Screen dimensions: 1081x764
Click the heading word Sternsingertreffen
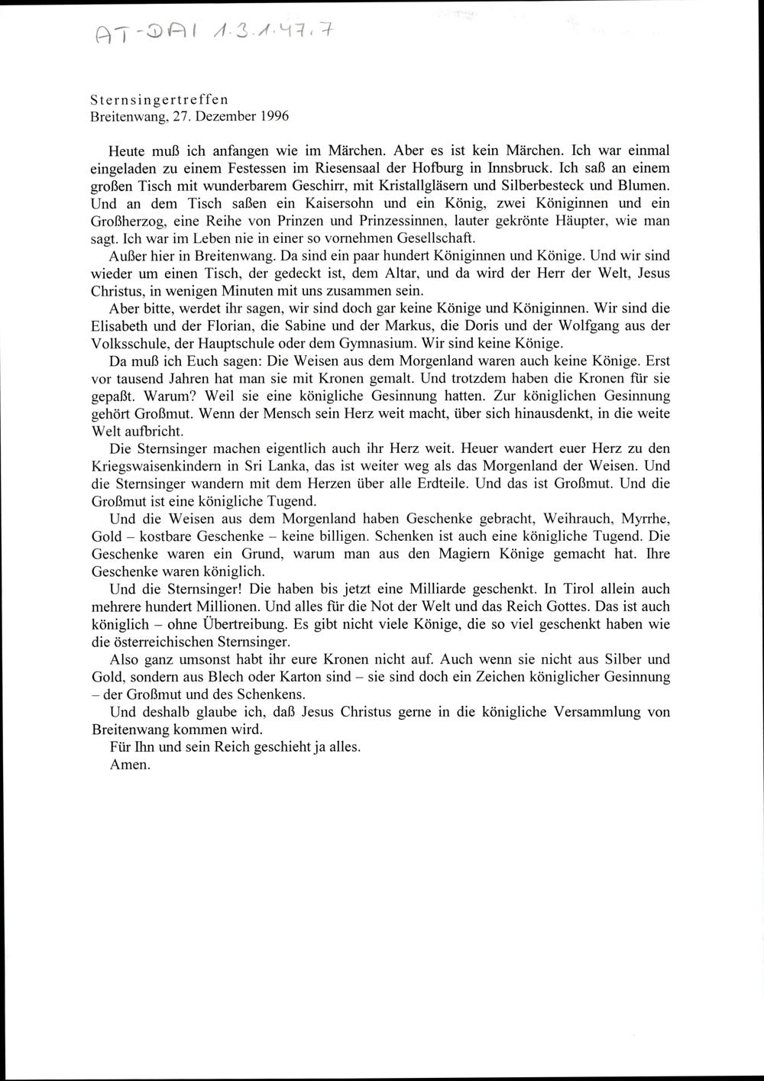click(x=160, y=100)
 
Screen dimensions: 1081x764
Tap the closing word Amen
click(x=130, y=765)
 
